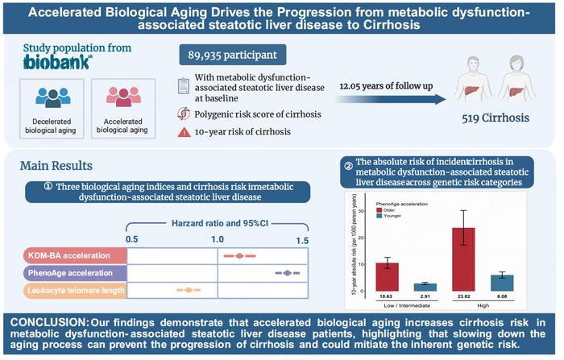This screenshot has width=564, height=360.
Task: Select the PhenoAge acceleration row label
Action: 73,273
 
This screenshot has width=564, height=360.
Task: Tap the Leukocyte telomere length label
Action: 73,289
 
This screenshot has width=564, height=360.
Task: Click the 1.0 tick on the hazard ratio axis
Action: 217,240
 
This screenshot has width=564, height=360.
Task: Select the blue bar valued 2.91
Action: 408,287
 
